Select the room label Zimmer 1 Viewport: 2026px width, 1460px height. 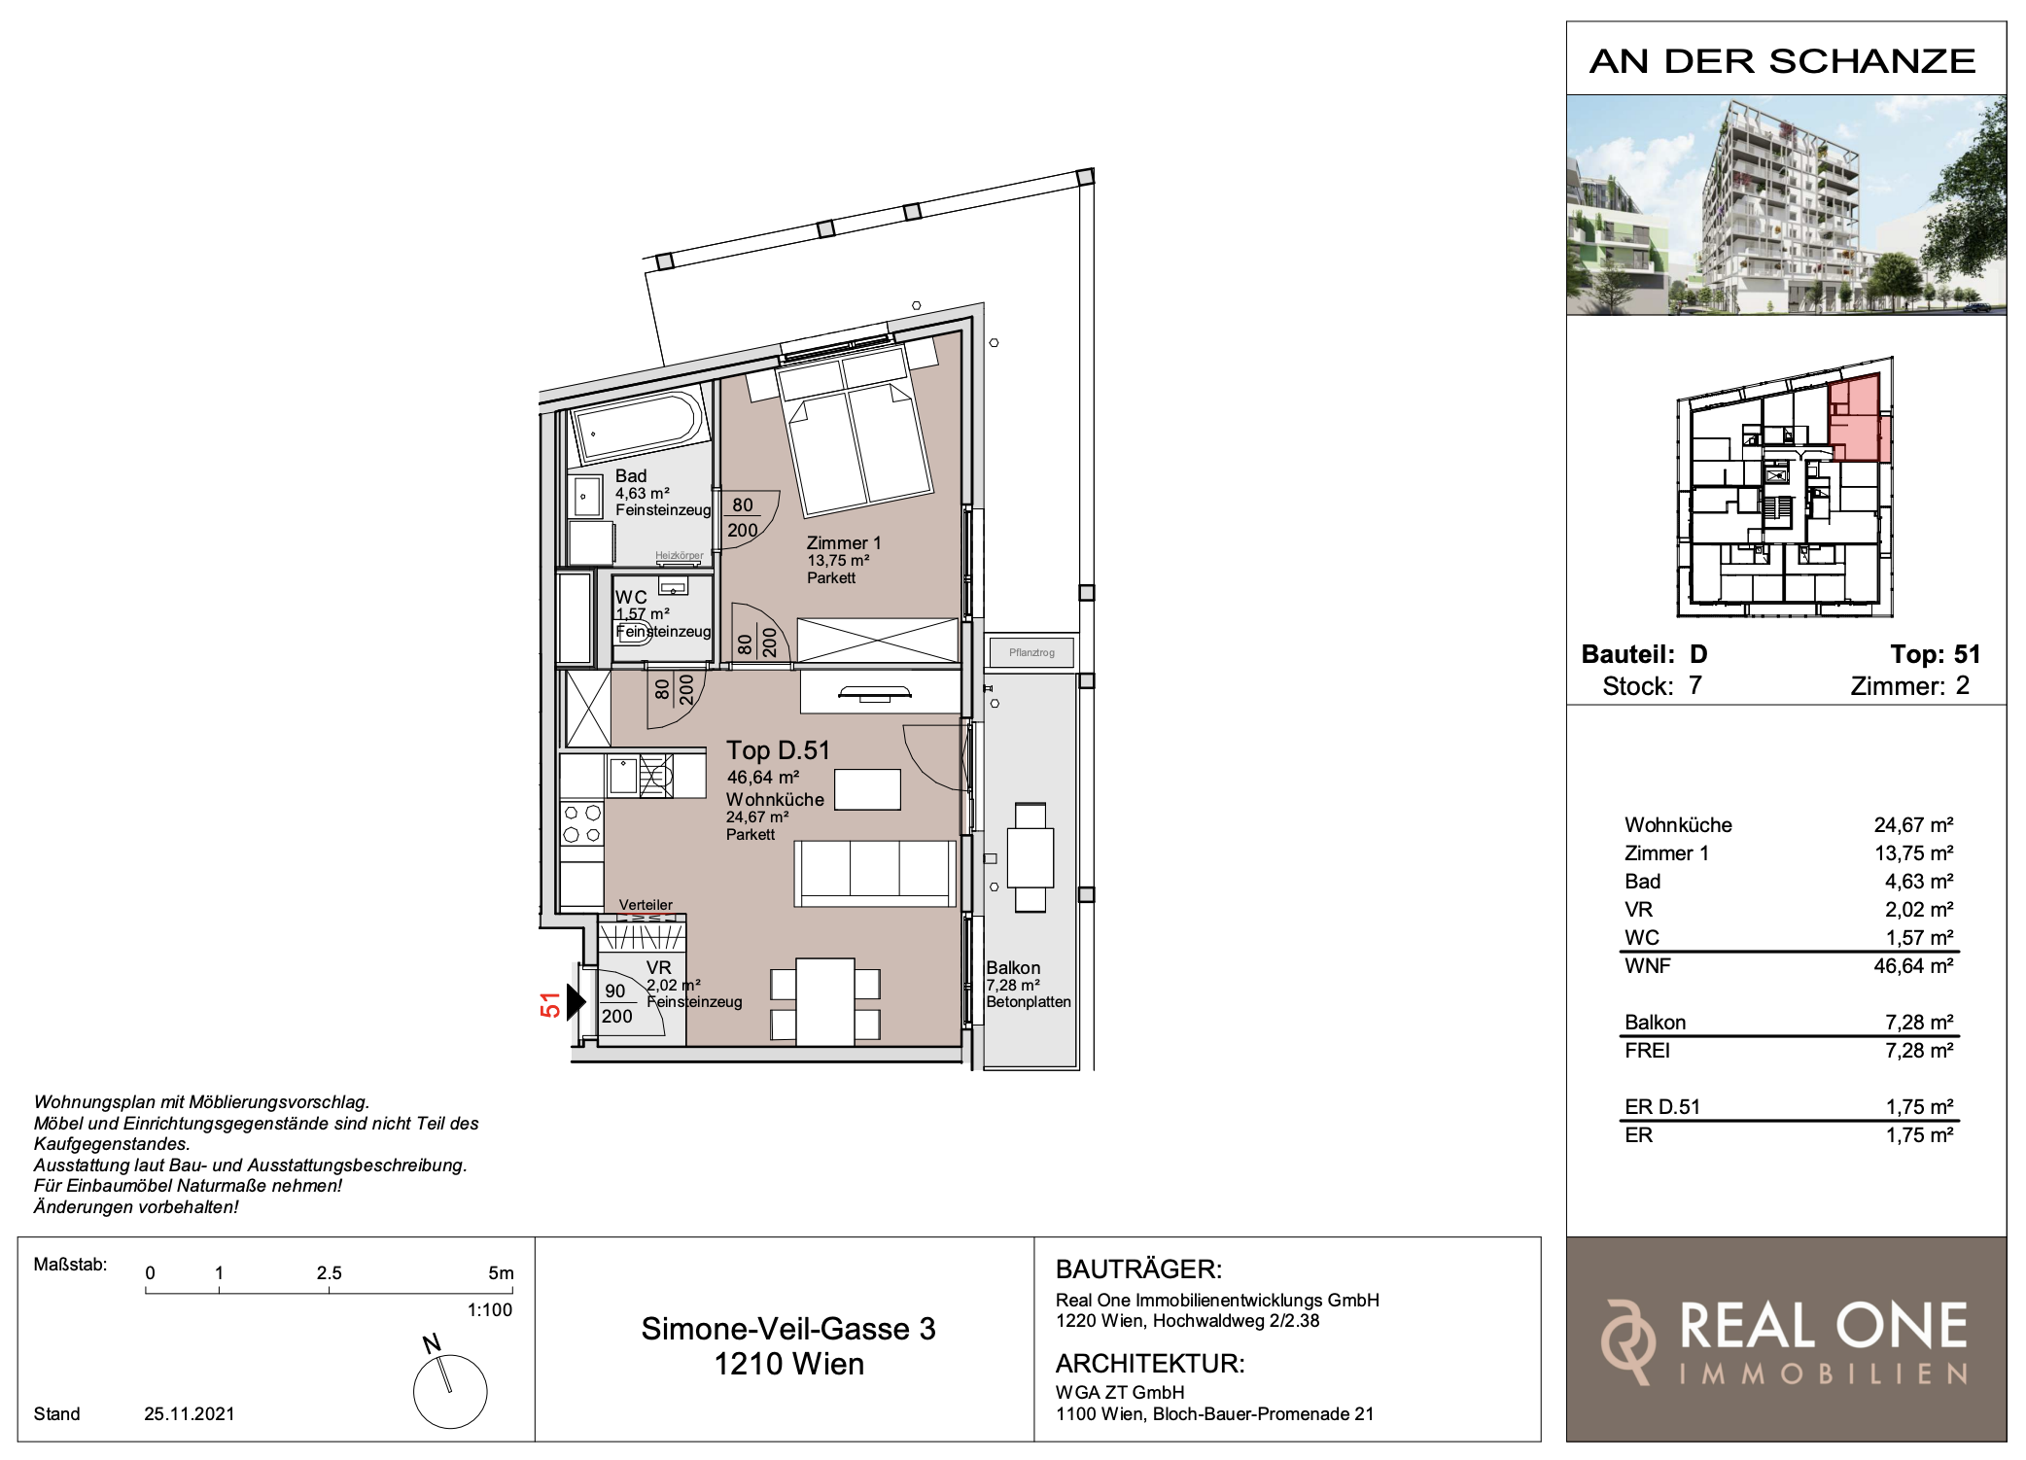point(843,543)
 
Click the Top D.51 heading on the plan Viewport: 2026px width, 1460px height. point(778,750)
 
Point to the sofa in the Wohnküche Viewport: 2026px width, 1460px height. point(875,873)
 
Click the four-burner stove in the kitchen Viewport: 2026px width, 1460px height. point(581,823)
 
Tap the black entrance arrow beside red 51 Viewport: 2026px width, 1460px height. point(576,1001)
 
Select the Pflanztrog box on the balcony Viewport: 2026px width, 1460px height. point(1030,652)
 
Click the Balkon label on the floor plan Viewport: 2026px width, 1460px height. point(1013,968)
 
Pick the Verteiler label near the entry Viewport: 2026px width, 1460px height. point(646,905)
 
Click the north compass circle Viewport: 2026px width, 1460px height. point(450,1391)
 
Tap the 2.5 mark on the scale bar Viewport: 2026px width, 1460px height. point(329,1272)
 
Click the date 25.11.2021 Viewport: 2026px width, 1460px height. point(190,1413)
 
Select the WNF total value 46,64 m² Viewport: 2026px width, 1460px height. point(1913,966)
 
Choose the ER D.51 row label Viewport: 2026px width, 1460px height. point(1662,1107)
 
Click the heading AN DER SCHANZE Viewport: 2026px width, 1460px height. point(1783,61)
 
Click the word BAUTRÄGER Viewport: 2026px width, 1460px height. point(1138,1269)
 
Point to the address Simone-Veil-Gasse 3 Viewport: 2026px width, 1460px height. point(788,1329)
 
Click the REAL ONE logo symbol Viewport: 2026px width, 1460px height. point(1628,1340)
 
